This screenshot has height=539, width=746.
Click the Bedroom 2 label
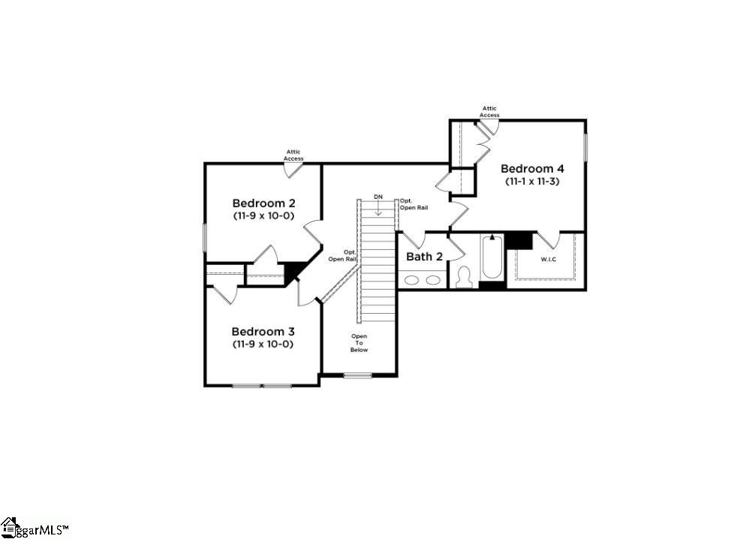point(263,203)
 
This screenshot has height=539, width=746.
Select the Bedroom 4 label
point(531,168)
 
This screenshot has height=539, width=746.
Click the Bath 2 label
point(424,256)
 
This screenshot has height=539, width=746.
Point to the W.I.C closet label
point(549,260)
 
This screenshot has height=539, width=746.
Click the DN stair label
point(378,197)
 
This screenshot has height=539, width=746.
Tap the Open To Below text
point(359,343)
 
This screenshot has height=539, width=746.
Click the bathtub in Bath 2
point(492,259)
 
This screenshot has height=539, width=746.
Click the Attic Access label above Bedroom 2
point(293,155)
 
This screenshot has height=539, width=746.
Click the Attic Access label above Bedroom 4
point(489,112)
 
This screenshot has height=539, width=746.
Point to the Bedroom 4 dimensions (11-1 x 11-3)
point(531,181)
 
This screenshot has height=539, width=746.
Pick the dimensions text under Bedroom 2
point(263,215)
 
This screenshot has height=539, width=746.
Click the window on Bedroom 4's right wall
point(585,151)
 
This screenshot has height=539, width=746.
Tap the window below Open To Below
point(358,375)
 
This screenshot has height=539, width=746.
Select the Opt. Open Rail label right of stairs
point(414,203)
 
